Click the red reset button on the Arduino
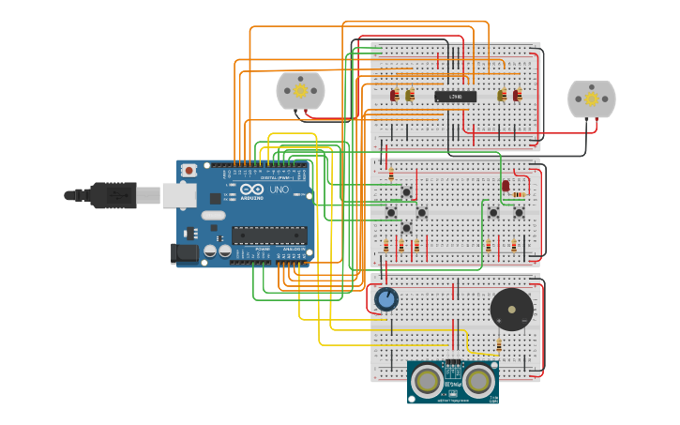[189, 170]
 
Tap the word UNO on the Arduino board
[279, 190]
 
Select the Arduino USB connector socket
[179, 195]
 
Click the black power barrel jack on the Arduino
[184, 251]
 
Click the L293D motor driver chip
[455, 97]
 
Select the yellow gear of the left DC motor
[300, 91]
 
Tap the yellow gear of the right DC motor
[592, 99]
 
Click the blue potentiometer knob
[385, 300]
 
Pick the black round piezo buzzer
[511, 309]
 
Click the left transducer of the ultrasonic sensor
[428, 380]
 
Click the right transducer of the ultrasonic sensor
[478, 380]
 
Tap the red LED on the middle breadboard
[506, 186]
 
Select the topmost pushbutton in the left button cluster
[406, 193]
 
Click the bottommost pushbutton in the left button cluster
[406, 227]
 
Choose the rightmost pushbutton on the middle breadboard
[519, 212]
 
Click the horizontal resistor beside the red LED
[519, 193]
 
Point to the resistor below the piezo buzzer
[499, 346]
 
